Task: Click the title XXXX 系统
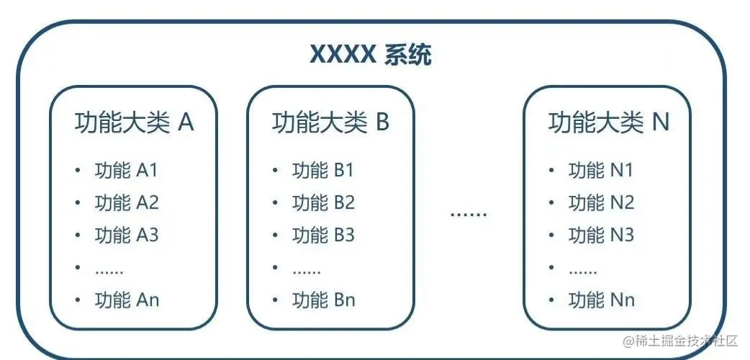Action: [x=371, y=55]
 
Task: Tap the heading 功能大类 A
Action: [x=134, y=123]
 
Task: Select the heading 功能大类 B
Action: [x=330, y=123]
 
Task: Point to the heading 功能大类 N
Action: [x=608, y=123]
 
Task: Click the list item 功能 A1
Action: [x=126, y=171]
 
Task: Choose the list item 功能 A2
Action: [x=126, y=203]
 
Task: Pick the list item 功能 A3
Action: [x=126, y=235]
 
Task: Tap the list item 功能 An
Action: [x=126, y=300]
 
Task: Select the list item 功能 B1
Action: [x=323, y=171]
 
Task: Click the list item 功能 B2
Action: [x=323, y=203]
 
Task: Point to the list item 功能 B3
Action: [x=323, y=235]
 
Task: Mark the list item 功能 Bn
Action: [x=323, y=300]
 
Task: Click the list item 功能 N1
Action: [x=601, y=171]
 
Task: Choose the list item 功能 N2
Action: [x=601, y=203]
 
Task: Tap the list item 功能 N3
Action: [x=601, y=235]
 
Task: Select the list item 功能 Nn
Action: [x=601, y=300]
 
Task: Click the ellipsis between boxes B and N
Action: [x=469, y=215]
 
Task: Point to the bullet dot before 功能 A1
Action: [x=78, y=171]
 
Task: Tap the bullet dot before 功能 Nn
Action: [x=552, y=300]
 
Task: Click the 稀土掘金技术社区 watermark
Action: [x=681, y=341]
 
